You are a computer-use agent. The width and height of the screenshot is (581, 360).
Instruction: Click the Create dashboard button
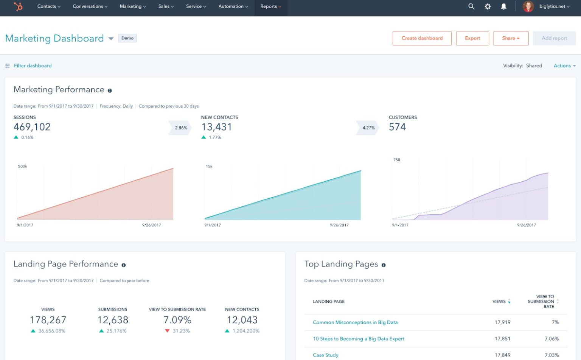pos(422,38)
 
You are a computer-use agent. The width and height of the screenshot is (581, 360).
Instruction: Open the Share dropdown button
pos(511,38)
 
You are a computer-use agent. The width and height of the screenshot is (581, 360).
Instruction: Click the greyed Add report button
pos(554,38)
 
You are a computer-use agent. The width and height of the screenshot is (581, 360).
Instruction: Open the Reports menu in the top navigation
pos(270,6)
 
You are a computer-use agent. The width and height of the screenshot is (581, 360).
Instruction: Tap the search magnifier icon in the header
pos(471,6)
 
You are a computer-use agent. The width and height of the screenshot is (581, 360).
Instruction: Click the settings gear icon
pos(488,6)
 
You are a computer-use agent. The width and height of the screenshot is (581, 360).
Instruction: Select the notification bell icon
pos(503,6)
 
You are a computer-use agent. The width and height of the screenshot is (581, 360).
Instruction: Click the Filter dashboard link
pos(33,65)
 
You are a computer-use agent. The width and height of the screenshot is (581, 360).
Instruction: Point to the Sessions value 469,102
pos(32,127)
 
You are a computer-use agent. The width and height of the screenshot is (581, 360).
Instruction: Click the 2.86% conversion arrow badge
pos(180,128)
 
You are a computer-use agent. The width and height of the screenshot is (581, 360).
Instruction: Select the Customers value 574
pos(397,127)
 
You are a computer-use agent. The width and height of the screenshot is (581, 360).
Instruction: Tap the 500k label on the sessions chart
pos(22,167)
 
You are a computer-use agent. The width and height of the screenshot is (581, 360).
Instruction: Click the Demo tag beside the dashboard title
pos(127,38)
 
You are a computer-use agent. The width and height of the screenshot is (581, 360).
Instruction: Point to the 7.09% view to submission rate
pos(177,320)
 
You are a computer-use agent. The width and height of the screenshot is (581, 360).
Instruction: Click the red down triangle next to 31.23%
pos(167,331)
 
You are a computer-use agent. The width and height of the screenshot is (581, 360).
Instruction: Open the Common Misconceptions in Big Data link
pos(355,323)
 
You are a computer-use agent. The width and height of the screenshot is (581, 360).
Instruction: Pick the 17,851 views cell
pos(502,339)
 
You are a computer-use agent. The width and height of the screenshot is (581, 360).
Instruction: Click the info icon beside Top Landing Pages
pos(384,265)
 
